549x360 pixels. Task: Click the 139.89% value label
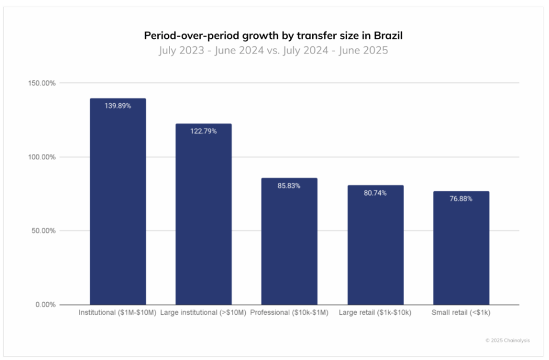pyautogui.click(x=118, y=106)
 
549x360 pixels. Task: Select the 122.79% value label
pyautogui.click(x=203, y=132)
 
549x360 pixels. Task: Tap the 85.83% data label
pyautogui.click(x=289, y=186)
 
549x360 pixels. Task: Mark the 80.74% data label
pyautogui.click(x=375, y=193)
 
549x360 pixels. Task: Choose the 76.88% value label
pyautogui.click(x=461, y=199)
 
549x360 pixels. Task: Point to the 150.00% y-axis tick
pyautogui.click(x=42, y=83)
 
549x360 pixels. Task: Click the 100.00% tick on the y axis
pyautogui.click(x=42, y=157)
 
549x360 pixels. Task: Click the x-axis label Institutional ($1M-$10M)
pyautogui.click(x=118, y=313)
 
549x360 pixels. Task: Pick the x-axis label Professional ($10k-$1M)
pyautogui.click(x=289, y=313)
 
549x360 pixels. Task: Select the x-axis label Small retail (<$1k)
pyautogui.click(x=461, y=313)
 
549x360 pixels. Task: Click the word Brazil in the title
pyautogui.click(x=387, y=36)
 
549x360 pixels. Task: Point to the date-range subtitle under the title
pyautogui.click(x=273, y=50)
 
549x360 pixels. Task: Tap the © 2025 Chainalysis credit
pyautogui.click(x=508, y=340)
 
